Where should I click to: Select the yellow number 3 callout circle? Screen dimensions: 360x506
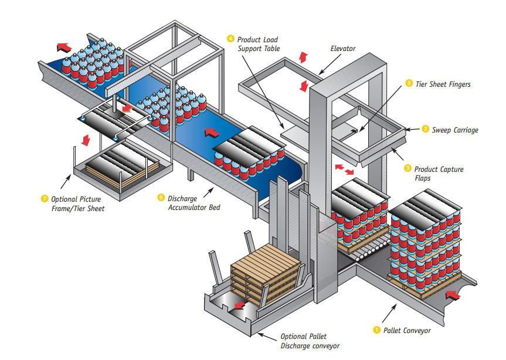(408, 168)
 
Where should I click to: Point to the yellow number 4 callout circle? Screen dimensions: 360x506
(231, 39)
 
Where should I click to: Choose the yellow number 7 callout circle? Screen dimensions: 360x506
(43, 199)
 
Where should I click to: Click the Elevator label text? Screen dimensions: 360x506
(343, 49)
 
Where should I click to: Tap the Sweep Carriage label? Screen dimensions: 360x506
(455, 130)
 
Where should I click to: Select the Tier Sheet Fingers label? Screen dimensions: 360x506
(443, 84)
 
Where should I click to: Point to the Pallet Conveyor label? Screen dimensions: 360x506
(406, 330)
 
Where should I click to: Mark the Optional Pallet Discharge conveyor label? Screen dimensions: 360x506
(309, 341)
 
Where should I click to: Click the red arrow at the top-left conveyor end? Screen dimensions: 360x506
(64, 46)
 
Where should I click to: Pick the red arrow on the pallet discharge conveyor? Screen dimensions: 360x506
(239, 305)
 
